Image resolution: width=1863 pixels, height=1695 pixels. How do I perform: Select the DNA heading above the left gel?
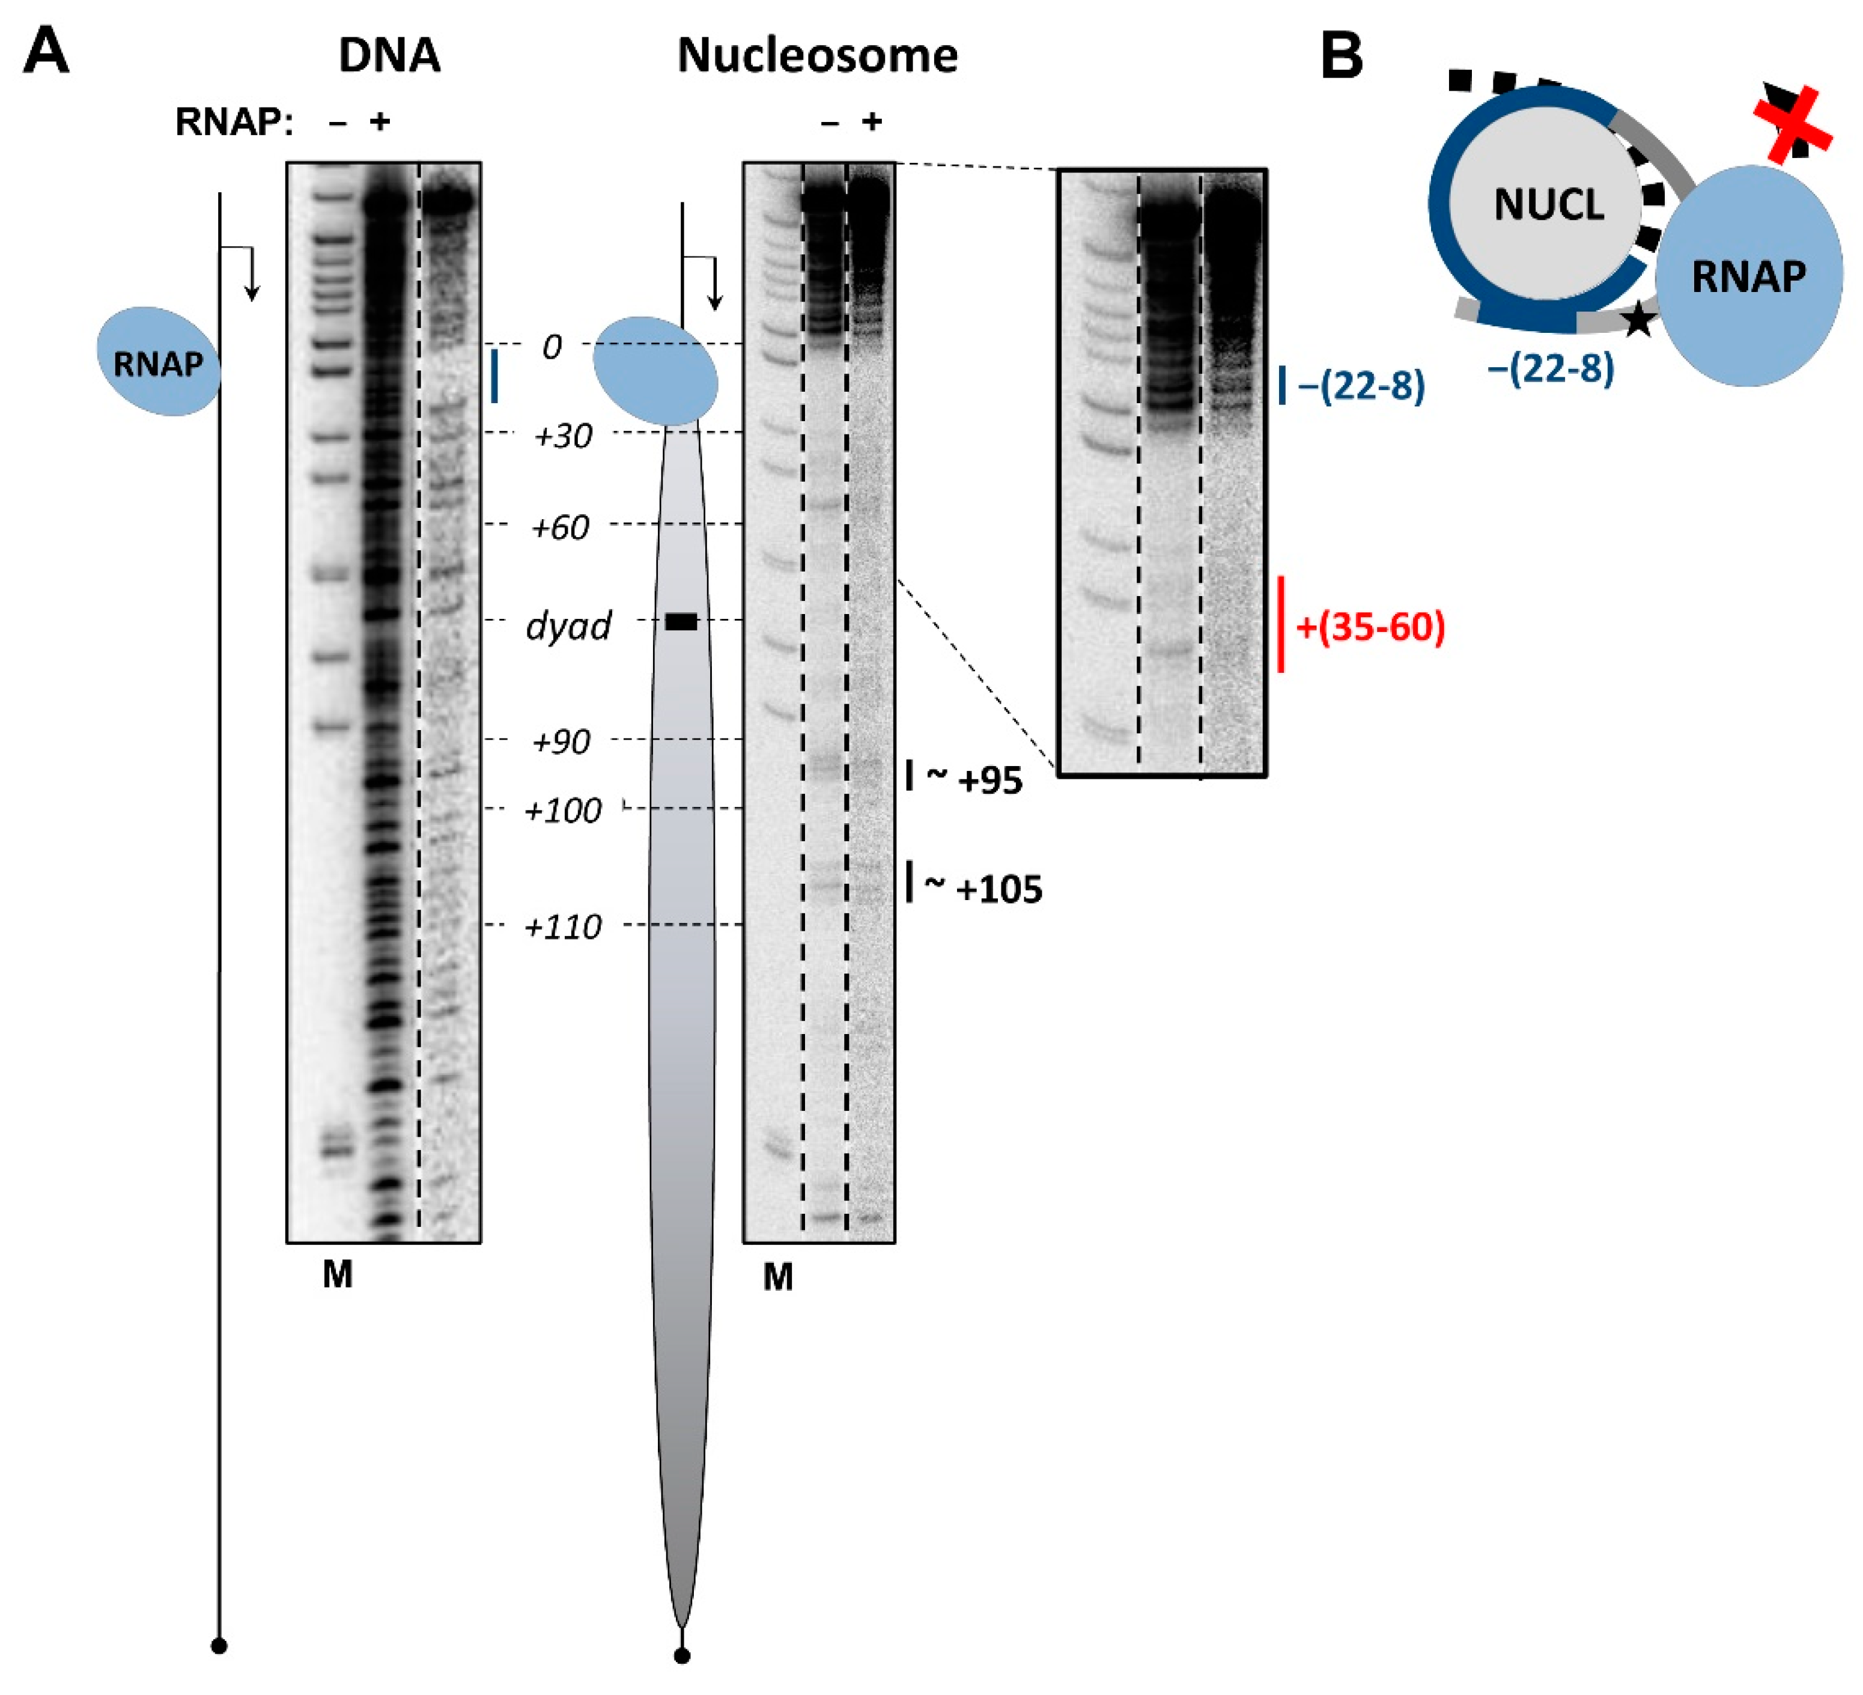pos(389,55)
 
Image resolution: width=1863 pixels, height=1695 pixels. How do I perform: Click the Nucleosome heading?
pos(817,55)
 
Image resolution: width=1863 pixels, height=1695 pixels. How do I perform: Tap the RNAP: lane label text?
pos(234,121)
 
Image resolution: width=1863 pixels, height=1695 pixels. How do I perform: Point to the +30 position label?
pos(563,435)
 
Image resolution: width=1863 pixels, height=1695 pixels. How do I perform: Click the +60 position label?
pos(560,527)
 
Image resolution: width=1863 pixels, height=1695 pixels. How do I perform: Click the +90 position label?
pos(561,741)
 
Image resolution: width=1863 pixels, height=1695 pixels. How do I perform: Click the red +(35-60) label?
pos(1370,627)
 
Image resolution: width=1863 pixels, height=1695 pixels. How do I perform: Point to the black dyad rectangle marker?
pos(681,622)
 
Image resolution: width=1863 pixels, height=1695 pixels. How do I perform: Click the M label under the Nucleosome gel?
pos(777,1277)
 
